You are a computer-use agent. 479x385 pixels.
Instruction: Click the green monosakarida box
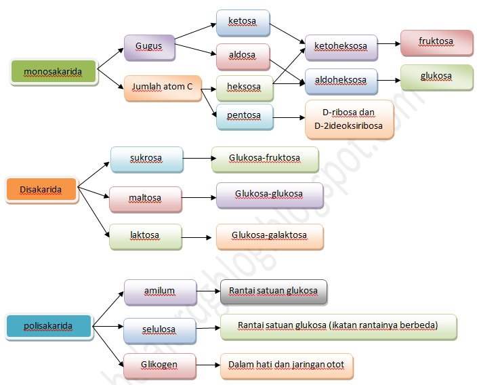[x=54, y=71]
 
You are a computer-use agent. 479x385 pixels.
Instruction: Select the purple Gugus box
[x=148, y=47]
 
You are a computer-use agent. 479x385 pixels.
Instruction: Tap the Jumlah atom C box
[x=163, y=87]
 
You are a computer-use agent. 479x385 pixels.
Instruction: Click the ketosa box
[x=243, y=22]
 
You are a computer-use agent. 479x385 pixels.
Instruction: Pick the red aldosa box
[x=243, y=56]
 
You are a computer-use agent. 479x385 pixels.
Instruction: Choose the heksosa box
[x=244, y=88]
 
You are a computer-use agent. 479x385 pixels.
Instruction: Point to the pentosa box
[x=245, y=116]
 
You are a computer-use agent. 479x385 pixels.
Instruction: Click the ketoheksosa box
[x=341, y=47]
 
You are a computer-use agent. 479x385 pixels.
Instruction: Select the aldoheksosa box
[x=341, y=80]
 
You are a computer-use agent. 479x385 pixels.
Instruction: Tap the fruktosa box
[x=436, y=42]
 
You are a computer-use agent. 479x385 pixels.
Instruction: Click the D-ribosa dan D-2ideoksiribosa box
[x=349, y=119]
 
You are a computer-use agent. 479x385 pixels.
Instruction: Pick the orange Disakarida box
[x=41, y=190]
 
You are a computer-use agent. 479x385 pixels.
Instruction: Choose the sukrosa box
[x=146, y=159]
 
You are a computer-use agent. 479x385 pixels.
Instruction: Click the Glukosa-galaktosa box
[x=270, y=236]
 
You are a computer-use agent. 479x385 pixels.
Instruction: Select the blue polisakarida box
[x=48, y=326]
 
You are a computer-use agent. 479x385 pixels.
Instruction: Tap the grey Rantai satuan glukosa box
[x=273, y=291]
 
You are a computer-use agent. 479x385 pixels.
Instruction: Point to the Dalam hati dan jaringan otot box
[x=286, y=365]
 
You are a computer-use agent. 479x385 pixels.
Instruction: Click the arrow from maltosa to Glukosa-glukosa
[x=199, y=198]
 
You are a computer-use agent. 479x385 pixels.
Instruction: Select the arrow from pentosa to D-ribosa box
[x=289, y=118]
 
